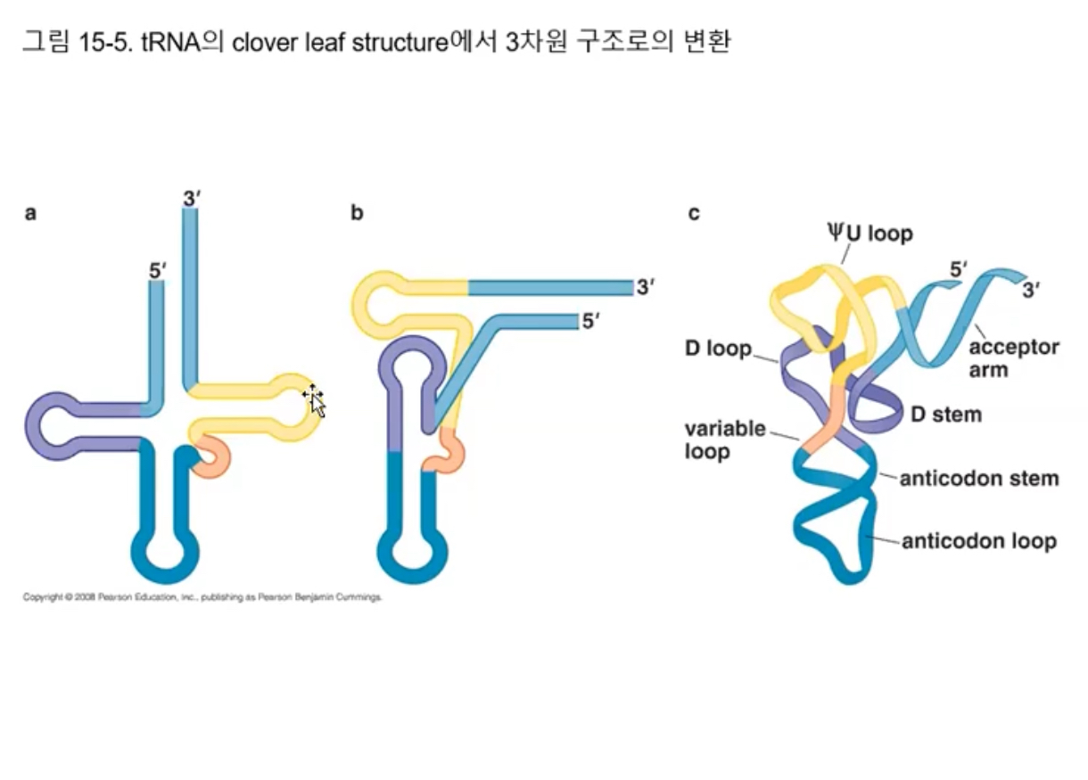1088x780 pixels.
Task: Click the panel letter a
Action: [x=30, y=213]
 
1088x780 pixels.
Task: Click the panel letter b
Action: [x=357, y=213]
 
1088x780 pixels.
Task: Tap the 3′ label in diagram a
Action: [x=191, y=199]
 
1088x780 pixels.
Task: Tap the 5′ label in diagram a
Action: [x=158, y=269]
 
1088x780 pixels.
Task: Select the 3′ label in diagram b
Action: [x=646, y=287]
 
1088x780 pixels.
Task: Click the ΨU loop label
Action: [x=869, y=234]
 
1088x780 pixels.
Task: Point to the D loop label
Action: [x=718, y=348]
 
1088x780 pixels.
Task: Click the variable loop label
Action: [x=725, y=439]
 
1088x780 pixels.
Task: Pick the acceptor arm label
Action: [x=1013, y=357]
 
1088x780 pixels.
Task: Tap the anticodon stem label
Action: [x=978, y=479]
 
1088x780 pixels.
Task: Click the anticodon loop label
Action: [x=978, y=541]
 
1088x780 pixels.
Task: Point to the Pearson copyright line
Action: [x=202, y=597]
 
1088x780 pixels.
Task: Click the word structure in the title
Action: [x=397, y=42]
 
